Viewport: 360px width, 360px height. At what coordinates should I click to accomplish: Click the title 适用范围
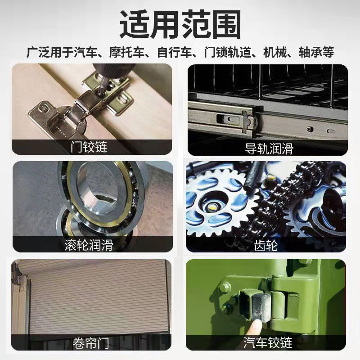tap(180, 23)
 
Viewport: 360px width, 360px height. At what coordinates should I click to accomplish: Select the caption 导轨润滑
tap(269, 148)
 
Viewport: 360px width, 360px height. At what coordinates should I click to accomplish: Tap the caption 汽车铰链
tap(267, 343)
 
